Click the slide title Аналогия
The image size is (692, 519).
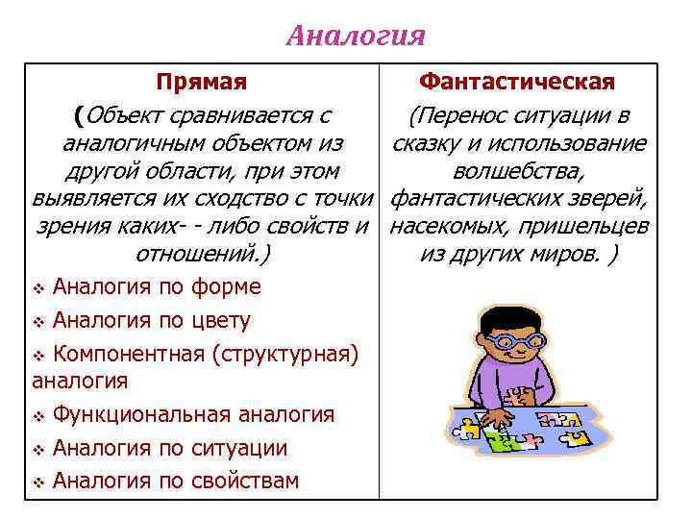[x=356, y=37]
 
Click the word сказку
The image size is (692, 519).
[x=427, y=144]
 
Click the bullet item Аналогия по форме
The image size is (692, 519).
[x=157, y=286]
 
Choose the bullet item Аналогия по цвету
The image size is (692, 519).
[x=151, y=320]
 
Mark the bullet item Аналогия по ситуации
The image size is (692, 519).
[x=169, y=448]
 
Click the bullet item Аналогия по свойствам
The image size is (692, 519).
[x=175, y=481]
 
